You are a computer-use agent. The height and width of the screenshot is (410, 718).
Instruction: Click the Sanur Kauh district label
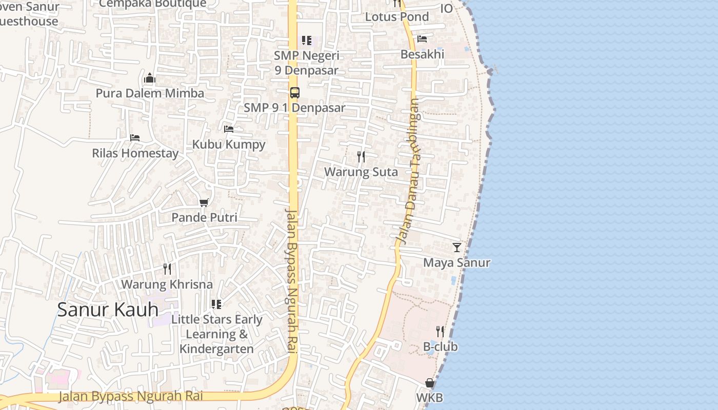point(108,310)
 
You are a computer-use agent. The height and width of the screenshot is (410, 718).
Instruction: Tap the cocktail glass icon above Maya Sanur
point(457,248)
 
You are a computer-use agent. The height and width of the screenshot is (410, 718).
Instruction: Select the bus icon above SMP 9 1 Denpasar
point(294,93)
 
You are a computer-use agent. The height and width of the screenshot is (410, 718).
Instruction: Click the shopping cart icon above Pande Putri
point(204,202)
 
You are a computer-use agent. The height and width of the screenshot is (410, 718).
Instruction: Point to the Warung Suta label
point(361,172)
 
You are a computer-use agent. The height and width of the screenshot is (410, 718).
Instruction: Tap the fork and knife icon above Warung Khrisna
point(167,269)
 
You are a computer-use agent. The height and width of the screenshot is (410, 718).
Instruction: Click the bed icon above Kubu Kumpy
point(229,129)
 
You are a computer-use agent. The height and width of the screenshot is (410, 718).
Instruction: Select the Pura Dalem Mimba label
point(150,93)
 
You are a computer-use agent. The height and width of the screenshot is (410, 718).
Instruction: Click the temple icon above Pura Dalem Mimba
point(150,78)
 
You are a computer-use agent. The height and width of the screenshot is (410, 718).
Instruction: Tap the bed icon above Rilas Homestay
point(135,138)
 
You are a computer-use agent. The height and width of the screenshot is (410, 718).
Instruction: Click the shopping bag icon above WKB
point(430,383)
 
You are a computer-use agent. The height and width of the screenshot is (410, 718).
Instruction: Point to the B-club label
point(441,347)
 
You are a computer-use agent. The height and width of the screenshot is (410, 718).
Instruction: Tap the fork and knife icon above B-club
point(440,331)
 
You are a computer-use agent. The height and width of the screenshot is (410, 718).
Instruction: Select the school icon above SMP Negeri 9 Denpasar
point(307,40)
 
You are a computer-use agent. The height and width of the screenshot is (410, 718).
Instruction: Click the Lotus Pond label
point(397,17)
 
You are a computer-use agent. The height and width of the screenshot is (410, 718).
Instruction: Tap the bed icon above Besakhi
point(422,38)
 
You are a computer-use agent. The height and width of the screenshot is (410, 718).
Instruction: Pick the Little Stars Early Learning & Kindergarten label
point(217,334)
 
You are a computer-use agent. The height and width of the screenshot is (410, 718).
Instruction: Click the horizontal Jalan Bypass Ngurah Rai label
point(131,396)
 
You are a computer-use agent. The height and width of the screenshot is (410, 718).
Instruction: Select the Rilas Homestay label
point(135,153)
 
